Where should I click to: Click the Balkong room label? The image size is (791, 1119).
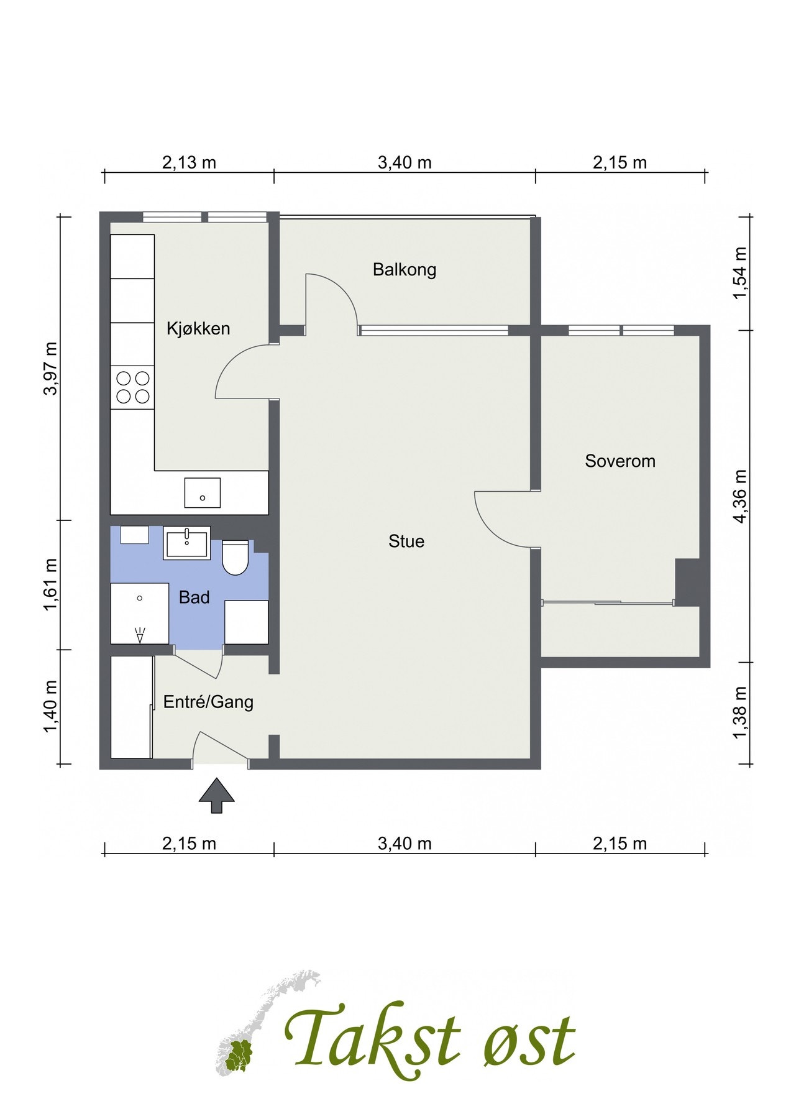405,270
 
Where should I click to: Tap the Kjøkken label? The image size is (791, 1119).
198,328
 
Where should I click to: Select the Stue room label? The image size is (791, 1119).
406,541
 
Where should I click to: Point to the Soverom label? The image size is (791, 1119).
620,461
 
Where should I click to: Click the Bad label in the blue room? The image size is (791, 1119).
194,597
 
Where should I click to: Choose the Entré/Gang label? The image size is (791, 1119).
208,702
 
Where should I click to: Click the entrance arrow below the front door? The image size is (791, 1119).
216,795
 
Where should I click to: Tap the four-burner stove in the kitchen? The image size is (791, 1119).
132,387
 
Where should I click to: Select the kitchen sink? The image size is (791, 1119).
203,493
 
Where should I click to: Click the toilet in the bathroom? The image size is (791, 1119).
235,557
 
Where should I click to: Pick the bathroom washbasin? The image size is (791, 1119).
187,543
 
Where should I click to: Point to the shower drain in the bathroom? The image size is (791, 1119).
140,598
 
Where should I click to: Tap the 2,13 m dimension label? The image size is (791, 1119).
189,163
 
